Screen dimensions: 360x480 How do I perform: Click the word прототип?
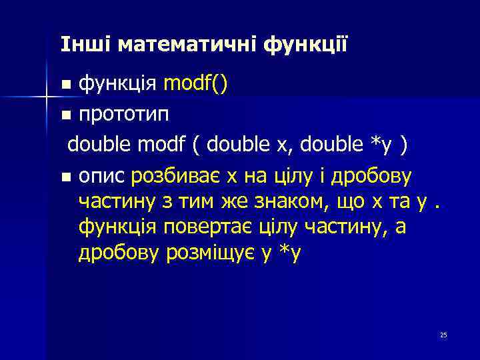click(x=123, y=114)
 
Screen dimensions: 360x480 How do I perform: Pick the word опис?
click(x=102, y=176)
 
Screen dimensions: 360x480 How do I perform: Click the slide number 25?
click(x=443, y=335)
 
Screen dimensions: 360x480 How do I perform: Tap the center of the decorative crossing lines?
click(x=46, y=97)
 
